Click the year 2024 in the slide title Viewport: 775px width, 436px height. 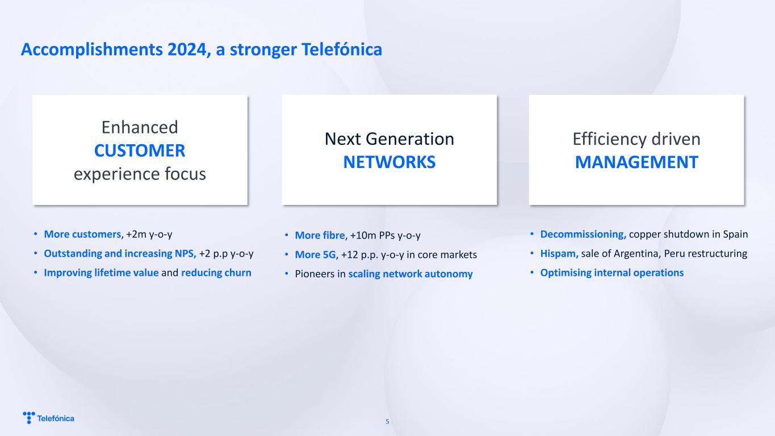[x=187, y=49]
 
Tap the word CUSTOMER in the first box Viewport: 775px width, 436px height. [x=140, y=150]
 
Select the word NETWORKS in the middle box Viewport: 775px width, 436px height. [x=389, y=162]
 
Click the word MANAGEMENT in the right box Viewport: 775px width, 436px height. [x=636, y=162]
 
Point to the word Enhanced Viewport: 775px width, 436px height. [x=140, y=127]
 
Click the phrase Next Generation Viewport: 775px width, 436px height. [x=389, y=139]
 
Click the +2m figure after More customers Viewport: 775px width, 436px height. [x=136, y=234]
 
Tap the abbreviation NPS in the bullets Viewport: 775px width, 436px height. [x=186, y=254]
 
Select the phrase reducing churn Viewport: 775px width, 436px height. [x=216, y=272]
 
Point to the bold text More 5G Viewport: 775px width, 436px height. [x=315, y=255]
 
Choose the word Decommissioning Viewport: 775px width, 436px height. [x=583, y=234]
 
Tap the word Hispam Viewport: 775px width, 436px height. [x=559, y=254]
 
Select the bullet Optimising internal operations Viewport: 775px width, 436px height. [x=612, y=272]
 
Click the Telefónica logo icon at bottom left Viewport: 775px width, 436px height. [x=29, y=417]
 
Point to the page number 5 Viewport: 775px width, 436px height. [x=387, y=421]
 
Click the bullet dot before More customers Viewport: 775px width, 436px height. [x=36, y=234]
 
